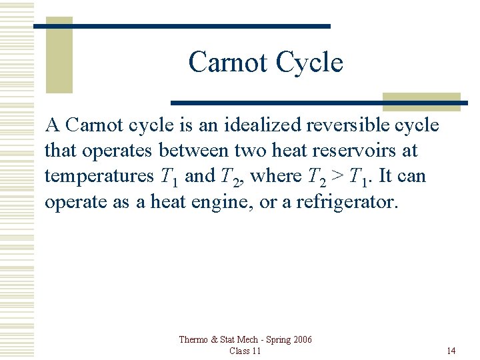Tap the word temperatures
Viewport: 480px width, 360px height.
99,177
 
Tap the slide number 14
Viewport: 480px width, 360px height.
451,351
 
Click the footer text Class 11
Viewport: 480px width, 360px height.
245,351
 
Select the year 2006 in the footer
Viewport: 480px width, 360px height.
301,340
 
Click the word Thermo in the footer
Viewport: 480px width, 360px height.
194,340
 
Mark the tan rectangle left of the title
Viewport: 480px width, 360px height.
59,55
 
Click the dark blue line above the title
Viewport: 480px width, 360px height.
182,26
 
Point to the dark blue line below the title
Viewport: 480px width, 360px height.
319,103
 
